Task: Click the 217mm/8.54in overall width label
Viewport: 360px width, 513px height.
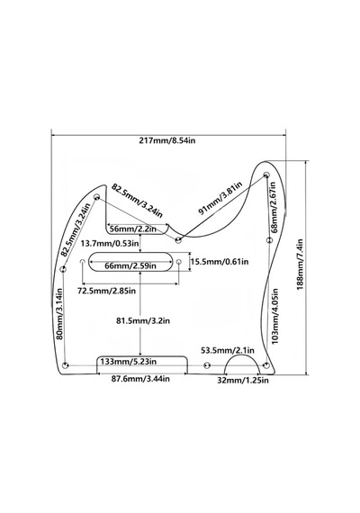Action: coord(167,141)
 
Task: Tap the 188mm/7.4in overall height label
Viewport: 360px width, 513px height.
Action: coord(300,265)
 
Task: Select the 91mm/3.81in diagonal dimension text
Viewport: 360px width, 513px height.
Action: coord(220,199)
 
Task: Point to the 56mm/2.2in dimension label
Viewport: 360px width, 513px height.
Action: coord(133,229)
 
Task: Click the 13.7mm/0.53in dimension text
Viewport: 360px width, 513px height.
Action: coord(110,243)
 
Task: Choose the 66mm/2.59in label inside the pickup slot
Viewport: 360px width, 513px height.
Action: coord(130,265)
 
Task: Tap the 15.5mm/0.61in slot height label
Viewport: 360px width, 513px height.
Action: coord(220,261)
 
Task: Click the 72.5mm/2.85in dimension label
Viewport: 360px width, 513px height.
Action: coord(106,291)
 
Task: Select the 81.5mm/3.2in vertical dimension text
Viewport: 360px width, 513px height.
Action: coord(143,321)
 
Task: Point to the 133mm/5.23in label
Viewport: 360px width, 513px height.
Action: coord(129,362)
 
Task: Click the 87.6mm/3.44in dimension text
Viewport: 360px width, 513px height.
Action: coord(140,379)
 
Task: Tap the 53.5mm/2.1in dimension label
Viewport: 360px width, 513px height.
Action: coord(228,350)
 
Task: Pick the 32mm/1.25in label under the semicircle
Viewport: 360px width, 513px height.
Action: coord(243,380)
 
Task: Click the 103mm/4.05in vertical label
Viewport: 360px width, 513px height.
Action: coord(274,316)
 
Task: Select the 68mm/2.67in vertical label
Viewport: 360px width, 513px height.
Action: coord(274,207)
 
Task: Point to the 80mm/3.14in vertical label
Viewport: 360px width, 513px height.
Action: coord(59,314)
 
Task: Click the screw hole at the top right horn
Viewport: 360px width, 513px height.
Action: coord(266,174)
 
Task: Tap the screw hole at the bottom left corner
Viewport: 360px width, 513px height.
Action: coord(65,365)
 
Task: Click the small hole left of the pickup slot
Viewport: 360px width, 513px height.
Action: coord(83,262)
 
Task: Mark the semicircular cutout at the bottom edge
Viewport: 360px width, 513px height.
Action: coord(242,355)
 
